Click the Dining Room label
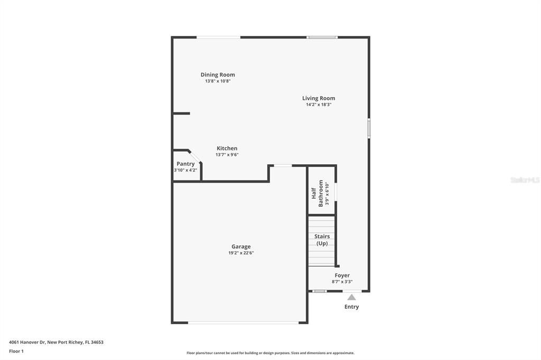218,74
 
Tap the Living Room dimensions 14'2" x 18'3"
319,105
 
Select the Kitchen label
227,148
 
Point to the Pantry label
185,164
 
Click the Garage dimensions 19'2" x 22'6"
241,253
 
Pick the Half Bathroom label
318,193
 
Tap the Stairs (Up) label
322,240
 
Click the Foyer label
342,275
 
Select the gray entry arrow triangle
351,297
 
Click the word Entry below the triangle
351,307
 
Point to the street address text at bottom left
56,342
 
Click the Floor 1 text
16,351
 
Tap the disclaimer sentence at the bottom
270,353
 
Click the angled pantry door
195,156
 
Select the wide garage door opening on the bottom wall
243,323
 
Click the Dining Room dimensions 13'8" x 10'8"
218,81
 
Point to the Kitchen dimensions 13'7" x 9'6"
227,155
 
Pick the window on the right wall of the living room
369,128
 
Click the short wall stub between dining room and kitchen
182,113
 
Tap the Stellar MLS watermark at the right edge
525,180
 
